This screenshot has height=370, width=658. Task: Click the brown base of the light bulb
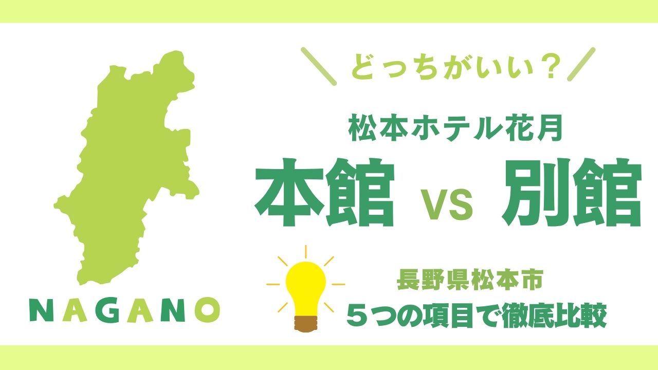(x=306, y=324)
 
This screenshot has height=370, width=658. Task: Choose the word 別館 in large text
(x=571, y=193)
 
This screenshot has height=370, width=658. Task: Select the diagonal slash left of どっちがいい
(x=319, y=67)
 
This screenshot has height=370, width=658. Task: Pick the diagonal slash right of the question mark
(x=581, y=64)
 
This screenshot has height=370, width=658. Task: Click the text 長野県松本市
(x=470, y=281)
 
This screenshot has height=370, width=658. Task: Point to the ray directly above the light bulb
(x=306, y=252)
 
